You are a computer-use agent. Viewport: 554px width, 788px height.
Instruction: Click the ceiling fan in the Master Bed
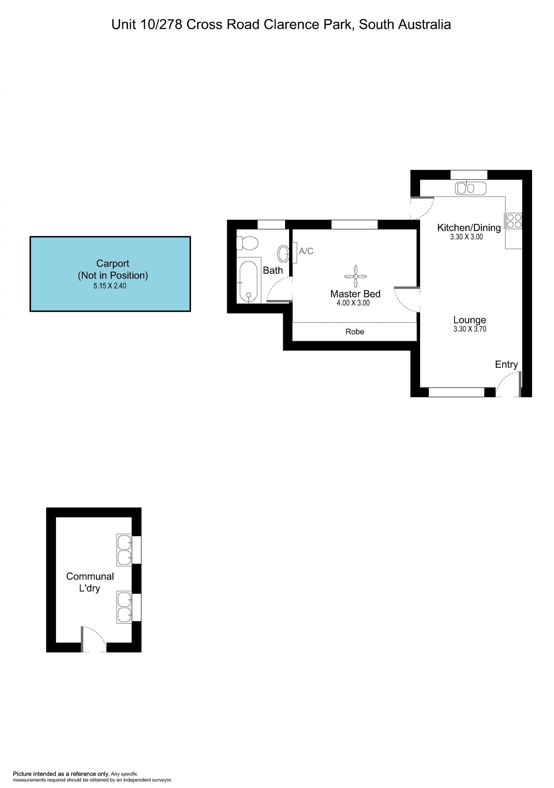coord(355,276)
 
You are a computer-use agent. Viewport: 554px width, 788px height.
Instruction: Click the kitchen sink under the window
coord(471,188)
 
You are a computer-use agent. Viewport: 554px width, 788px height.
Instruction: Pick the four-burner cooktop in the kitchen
coord(514,221)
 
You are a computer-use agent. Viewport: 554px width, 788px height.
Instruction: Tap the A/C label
coord(306,251)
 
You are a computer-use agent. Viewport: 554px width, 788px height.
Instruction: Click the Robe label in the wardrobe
coord(355,331)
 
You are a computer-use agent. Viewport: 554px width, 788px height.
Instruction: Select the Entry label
coord(506,365)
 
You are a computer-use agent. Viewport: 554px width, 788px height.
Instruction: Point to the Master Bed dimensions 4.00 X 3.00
coord(353,303)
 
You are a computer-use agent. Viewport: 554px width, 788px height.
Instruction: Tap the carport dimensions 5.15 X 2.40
coord(110,286)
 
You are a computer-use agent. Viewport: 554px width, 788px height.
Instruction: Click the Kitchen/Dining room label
coord(469,228)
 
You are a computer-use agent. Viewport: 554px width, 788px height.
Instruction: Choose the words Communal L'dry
coord(90,582)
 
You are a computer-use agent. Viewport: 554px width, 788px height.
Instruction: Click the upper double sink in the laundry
coord(124,550)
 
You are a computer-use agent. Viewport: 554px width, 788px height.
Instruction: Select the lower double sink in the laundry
coord(124,607)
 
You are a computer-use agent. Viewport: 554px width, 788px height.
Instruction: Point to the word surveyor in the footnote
coord(161,780)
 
